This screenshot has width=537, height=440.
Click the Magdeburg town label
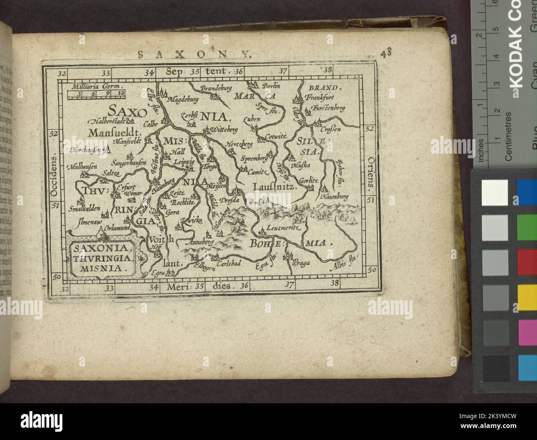click(184, 100)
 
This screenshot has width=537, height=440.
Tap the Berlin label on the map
click(271, 86)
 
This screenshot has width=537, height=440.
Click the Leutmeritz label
click(283, 227)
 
